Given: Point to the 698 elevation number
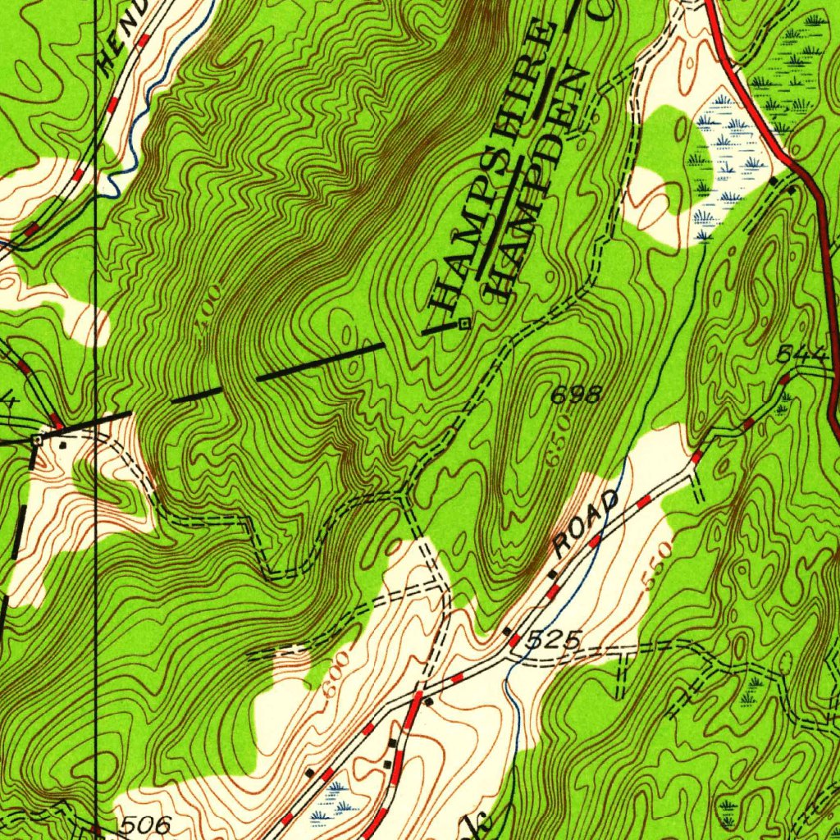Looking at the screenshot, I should [576, 395].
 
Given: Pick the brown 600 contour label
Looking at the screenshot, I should [336, 674].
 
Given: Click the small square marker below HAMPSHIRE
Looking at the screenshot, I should [464, 323].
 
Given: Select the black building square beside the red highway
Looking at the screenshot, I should [775, 180].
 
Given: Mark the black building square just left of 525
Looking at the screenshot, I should [507, 631].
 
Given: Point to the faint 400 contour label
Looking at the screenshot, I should [209, 312].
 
